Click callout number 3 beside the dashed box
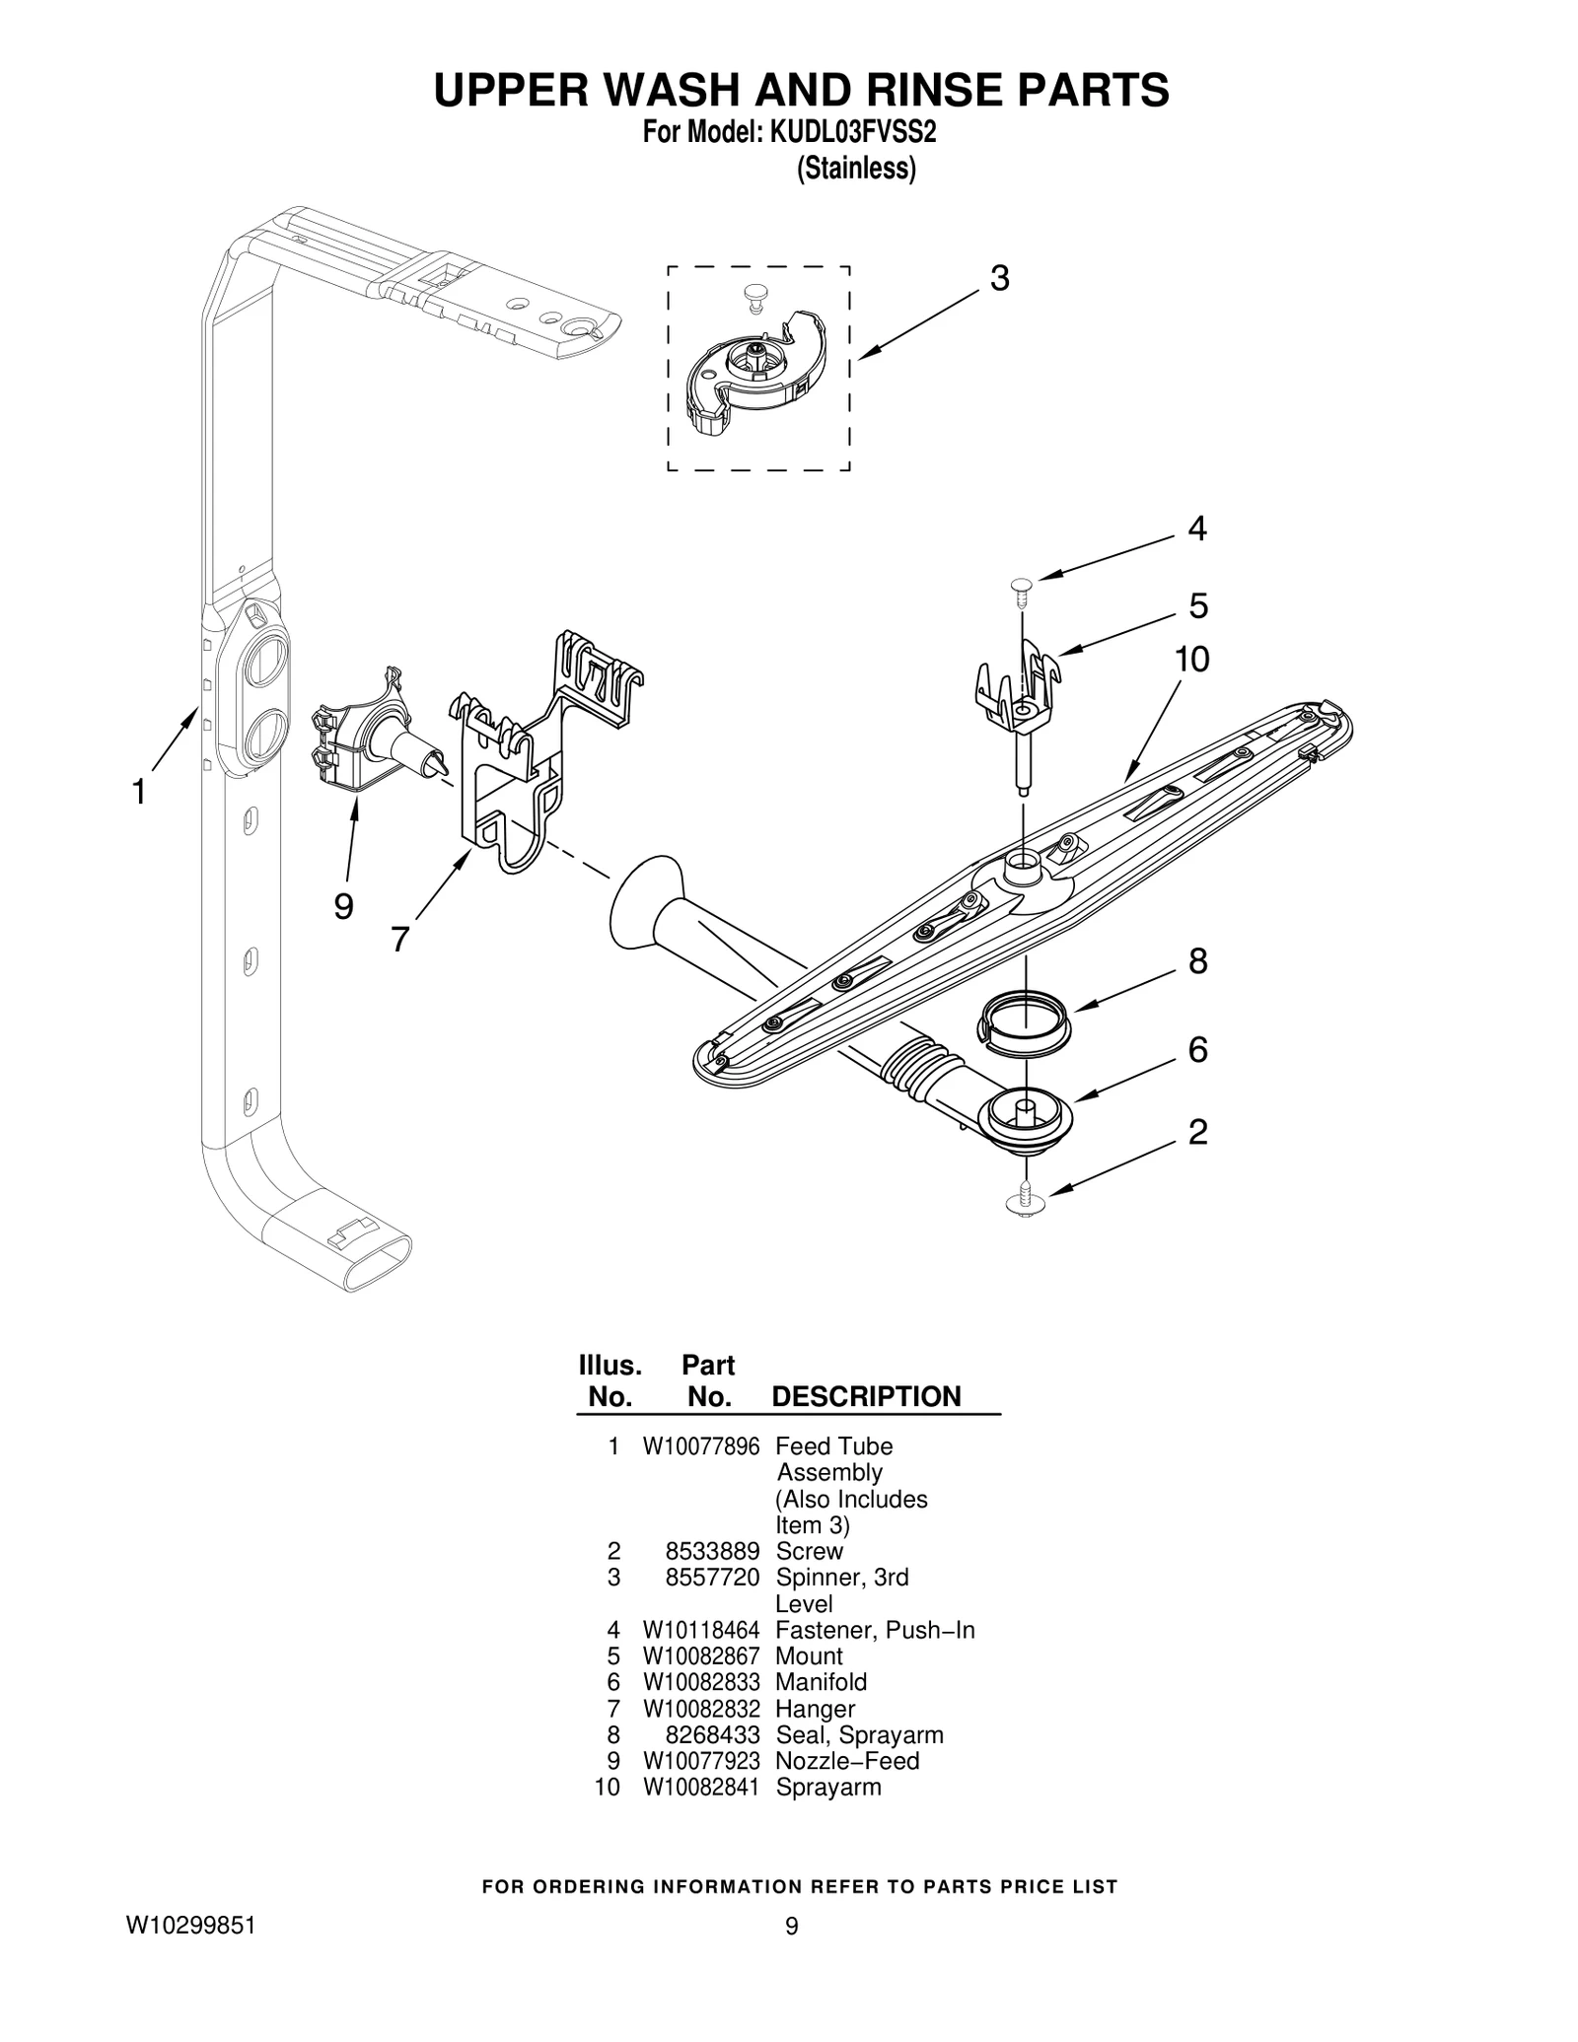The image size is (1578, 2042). [999, 279]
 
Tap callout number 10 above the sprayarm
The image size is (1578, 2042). [1191, 659]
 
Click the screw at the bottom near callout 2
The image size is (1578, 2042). [1025, 1202]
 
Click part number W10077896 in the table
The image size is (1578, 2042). [700, 1446]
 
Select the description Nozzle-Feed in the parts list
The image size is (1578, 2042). [846, 1761]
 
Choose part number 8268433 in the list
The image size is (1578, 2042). [711, 1734]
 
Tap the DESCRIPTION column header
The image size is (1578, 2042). [865, 1396]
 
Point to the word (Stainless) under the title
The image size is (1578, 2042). [855, 170]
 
